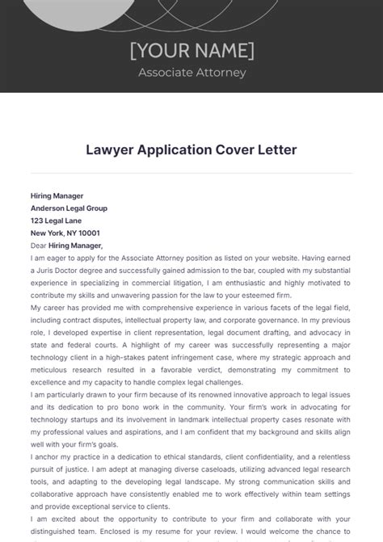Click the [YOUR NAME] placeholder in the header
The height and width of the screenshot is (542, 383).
(191, 50)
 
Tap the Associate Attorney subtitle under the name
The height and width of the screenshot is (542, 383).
(191, 73)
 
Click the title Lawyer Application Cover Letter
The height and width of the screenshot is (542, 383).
(191, 150)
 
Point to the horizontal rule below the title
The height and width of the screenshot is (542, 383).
(191, 173)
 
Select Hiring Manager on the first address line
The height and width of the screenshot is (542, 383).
(57, 195)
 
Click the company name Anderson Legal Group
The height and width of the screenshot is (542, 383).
(69, 208)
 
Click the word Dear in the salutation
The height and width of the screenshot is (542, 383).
(39, 245)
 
